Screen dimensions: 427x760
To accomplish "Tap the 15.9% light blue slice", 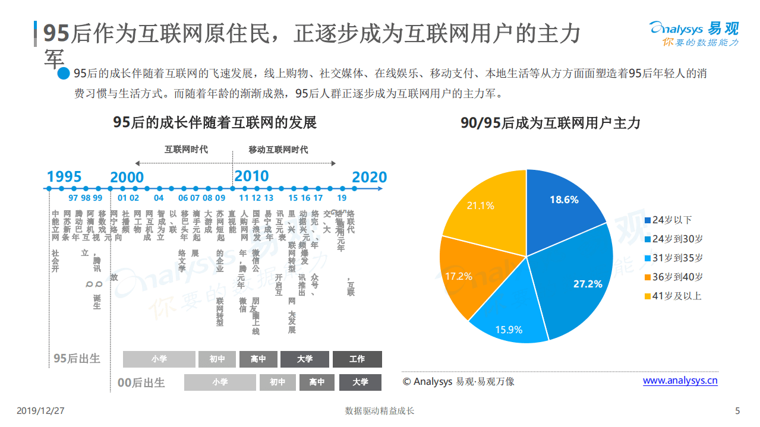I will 511,315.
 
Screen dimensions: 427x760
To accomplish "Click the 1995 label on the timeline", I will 64,176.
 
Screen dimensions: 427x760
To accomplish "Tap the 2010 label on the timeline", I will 251,176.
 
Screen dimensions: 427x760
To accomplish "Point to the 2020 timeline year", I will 369,177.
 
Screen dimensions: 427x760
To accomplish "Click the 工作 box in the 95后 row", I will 357,359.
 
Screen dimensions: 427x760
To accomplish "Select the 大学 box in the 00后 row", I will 360,382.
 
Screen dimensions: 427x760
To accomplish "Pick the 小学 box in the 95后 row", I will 159,359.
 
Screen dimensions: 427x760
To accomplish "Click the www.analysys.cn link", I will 680,381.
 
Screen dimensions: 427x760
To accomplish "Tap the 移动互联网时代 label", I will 278,150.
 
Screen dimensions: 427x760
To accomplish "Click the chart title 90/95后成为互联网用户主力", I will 550,123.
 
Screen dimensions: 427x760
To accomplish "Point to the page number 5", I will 737,410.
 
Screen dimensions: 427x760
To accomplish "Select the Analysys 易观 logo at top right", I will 694,34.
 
